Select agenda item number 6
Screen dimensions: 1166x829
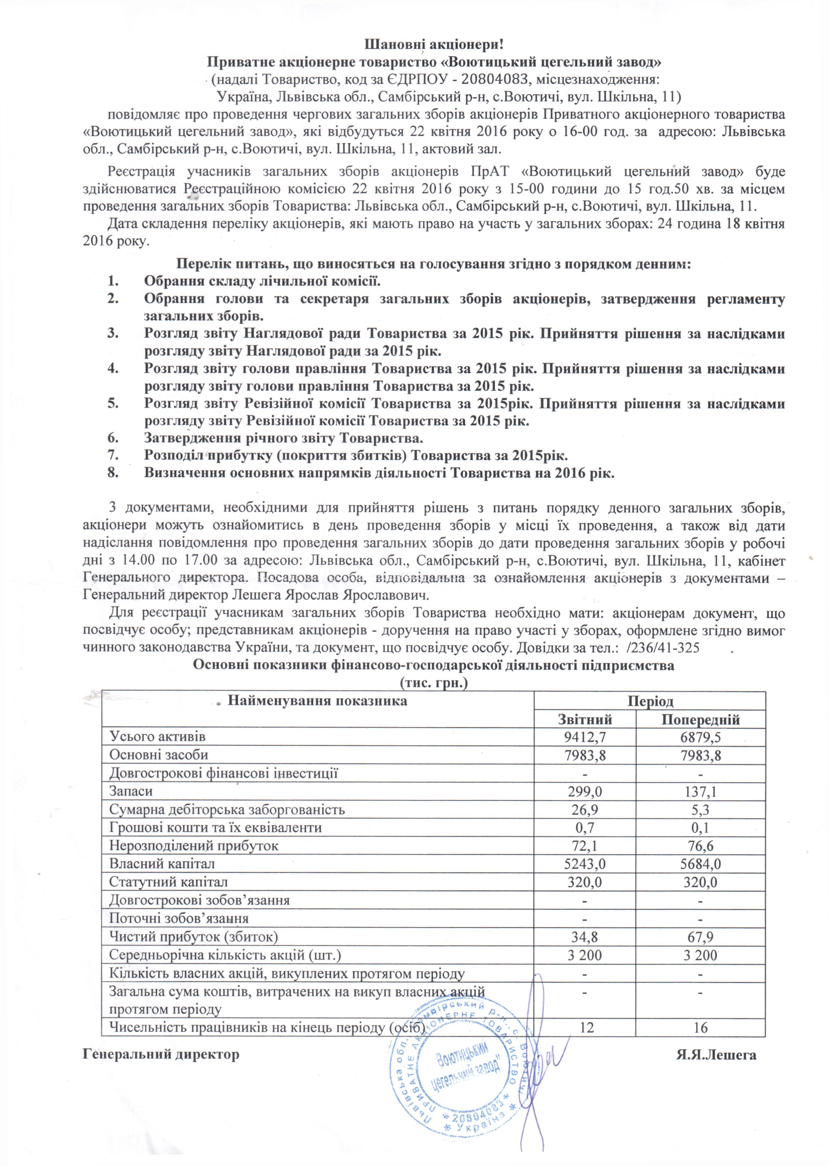click(x=283, y=438)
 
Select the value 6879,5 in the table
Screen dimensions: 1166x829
click(x=700, y=737)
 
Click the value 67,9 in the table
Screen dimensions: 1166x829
click(x=700, y=936)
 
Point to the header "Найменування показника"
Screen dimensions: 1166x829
click(x=317, y=701)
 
